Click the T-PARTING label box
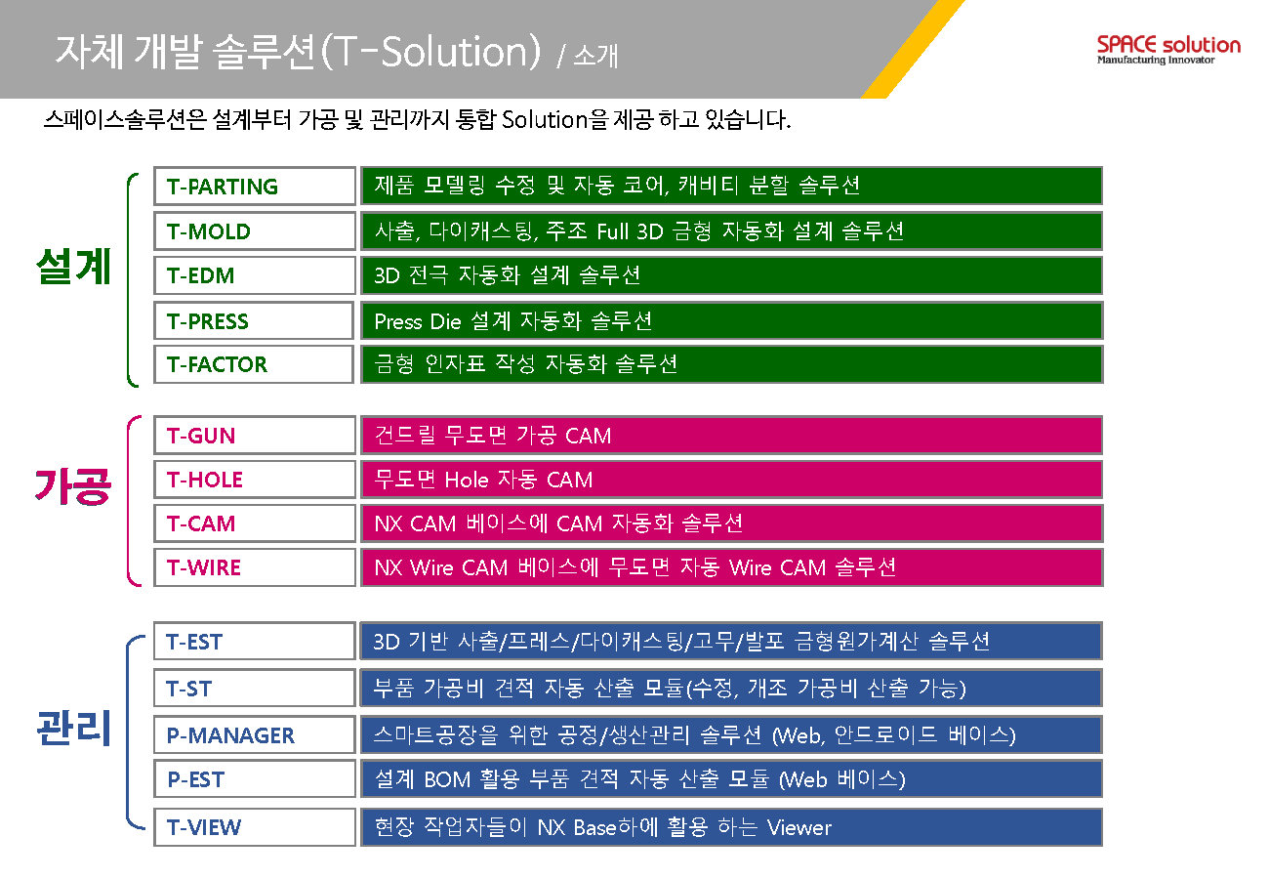(x=255, y=186)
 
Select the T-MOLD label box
(x=255, y=230)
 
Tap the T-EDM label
(x=255, y=275)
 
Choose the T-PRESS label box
(x=255, y=320)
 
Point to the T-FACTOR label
(x=255, y=364)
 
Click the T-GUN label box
(x=255, y=436)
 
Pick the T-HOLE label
(x=255, y=480)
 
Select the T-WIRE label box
(x=255, y=567)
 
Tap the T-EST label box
(x=255, y=641)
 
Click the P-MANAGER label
(x=255, y=735)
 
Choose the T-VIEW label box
(x=255, y=827)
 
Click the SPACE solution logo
(x=1168, y=50)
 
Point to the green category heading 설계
(x=73, y=267)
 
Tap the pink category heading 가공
(x=73, y=486)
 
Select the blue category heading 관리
(x=73, y=728)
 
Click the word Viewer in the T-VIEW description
(x=799, y=828)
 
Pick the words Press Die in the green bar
(x=418, y=322)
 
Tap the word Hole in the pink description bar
(x=467, y=480)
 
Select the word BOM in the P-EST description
(x=447, y=779)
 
